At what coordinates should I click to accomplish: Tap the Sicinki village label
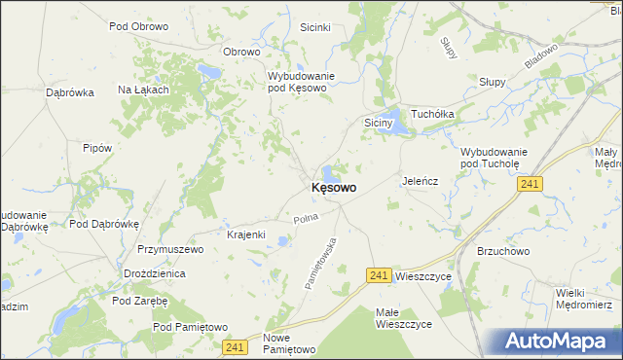[x=317, y=28]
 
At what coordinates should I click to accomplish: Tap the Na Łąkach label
[x=144, y=90]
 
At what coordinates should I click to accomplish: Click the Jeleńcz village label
[x=421, y=181]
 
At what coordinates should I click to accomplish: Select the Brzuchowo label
[x=502, y=250]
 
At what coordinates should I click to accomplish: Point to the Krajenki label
[x=246, y=235]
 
